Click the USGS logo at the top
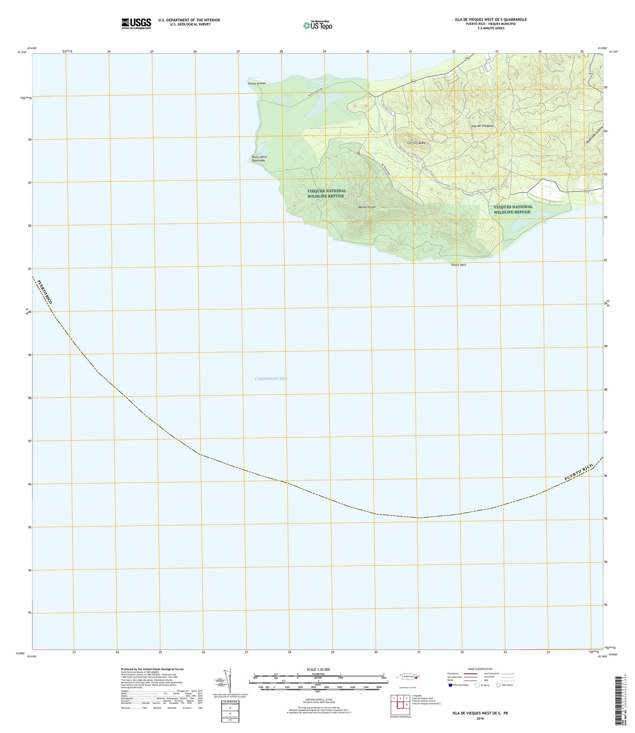tap(136, 23)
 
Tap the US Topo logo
tap(318, 25)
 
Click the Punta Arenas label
tap(257, 83)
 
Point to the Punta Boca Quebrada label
tap(259, 159)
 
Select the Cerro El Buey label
tap(416, 143)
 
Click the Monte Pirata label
tap(367, 207)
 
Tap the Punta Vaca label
tap(458, 265)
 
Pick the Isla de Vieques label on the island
tap(482, 126)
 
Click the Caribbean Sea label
tap(271, 379)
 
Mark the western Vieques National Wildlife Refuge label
tap(327, 193)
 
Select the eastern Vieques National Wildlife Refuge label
tap(513, 209)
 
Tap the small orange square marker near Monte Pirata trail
tap(359, 153)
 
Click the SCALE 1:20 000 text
tap(318, 670)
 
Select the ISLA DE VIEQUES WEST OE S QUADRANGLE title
tap(491, 20)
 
